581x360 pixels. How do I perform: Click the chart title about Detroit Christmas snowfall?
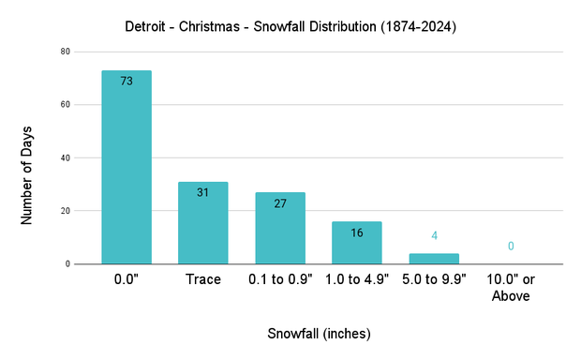point(290,27)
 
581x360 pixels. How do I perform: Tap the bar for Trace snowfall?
point(203,225)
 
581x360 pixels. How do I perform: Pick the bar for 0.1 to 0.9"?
point(280,230)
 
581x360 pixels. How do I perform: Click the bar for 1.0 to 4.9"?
point(357,244)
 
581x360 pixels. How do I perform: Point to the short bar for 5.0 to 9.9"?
point(434,259)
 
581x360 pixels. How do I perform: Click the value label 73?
point(127,82)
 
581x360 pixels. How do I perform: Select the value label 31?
point(203,192)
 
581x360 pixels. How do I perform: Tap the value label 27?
point(280,203)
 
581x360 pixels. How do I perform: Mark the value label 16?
point(357,232)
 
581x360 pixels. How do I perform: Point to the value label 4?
point(434,235)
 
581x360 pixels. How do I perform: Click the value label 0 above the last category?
point(511,246)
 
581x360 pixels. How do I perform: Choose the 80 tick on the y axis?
point(66,52)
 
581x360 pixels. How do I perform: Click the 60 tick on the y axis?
point(66,105)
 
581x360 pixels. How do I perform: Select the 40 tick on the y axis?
point(66,158)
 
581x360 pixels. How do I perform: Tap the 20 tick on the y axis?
point(66,211)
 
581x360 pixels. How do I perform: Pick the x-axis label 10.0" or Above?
point(511,288)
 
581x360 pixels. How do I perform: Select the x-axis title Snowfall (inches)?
point(319,333)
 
